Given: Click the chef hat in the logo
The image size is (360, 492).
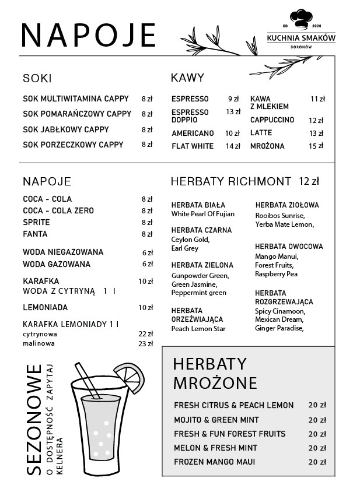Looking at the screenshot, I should [301, 19].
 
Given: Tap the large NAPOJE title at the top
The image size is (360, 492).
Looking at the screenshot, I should [89, 36].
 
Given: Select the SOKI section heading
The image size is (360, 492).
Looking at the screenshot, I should [37, 78].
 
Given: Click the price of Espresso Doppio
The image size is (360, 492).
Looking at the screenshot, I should [233, 112].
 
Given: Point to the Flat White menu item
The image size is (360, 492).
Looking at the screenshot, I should [193, 146].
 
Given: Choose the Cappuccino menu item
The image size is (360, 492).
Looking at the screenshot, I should [272, 120].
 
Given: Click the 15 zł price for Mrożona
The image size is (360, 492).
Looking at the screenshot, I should [316, 146].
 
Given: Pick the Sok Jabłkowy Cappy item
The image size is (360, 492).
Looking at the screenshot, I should [66, 129].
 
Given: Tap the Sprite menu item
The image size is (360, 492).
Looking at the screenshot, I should [36, 223].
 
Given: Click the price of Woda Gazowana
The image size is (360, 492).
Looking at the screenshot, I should [147, 264].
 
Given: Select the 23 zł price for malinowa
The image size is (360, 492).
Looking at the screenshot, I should [145, 344].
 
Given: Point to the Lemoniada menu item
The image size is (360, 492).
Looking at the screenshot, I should [46, 307].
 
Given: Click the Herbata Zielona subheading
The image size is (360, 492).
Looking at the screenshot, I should [202, 265].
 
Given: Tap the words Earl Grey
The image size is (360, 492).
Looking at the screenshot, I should [185, 248].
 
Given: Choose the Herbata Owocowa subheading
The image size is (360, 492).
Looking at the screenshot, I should [289, 247].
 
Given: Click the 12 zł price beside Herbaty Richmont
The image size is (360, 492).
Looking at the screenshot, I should [309, 181].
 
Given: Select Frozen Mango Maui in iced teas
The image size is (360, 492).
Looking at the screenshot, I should [214, 462].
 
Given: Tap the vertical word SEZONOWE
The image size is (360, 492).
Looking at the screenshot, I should [34, 420].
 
